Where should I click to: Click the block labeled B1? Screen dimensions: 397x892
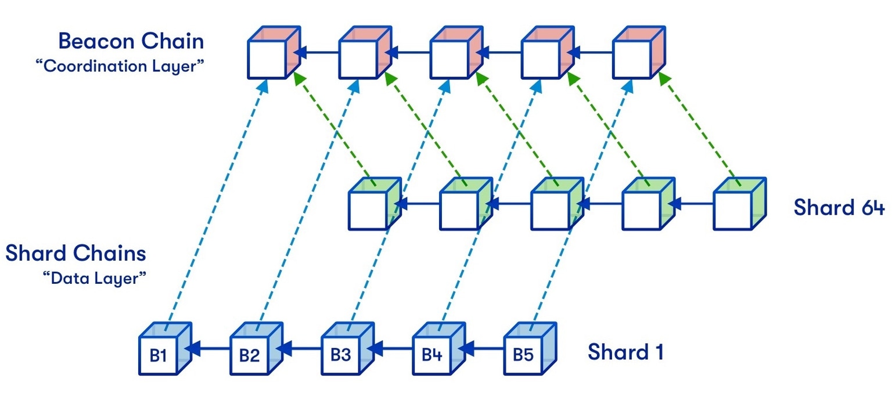(x=158, y=355)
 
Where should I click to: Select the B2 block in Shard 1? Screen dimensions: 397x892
(x=249, y=355)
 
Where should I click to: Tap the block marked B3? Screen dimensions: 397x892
(x=340, y=355)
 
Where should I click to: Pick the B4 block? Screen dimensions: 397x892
(x=431, y=355)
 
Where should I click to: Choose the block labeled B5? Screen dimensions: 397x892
(x=523, y=355)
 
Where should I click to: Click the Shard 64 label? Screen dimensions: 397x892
(x=839, y=207)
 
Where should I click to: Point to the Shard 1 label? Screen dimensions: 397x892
(x=625, y=352)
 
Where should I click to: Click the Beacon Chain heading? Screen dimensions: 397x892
(x=131, y=41)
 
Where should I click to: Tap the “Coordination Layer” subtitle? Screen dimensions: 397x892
(x=120, y=66)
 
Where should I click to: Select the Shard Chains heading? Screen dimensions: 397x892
(x=76, y=254)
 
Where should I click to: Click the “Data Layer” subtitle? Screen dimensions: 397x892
(x=94, y=278)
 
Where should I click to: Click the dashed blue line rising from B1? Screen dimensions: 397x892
(x=215, y=203)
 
